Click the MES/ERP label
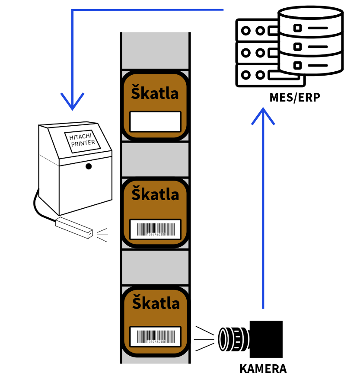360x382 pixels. click(294, 97)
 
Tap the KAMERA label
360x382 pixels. click(263, 369)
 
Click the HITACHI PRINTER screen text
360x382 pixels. click(82, 140)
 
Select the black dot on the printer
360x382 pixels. click(89, 166)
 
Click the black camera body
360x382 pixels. click(267, 338)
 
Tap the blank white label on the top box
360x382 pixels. click(155, 121)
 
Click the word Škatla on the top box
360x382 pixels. click(155, 92)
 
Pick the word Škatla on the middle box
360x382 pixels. click(155, 194)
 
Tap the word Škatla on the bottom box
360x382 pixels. click(155, 302)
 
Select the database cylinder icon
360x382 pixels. click(311, 41)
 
